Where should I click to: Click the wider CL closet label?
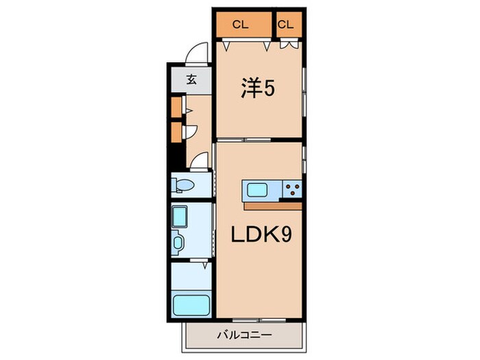(x=239, y=25)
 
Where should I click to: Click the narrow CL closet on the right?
(x=286, y=25)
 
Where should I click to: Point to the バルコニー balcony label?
(x=245, y=336)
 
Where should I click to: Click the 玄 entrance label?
(x=192, y=79)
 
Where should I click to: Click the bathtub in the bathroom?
(x=190, y=304)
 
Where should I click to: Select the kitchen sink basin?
(x=259, y=190)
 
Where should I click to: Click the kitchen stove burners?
(x=292, y=190)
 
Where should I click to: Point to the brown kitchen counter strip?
(x=272, y=205)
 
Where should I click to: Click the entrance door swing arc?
(x=197, y=53)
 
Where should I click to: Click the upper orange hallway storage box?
(x=176, y=106)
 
